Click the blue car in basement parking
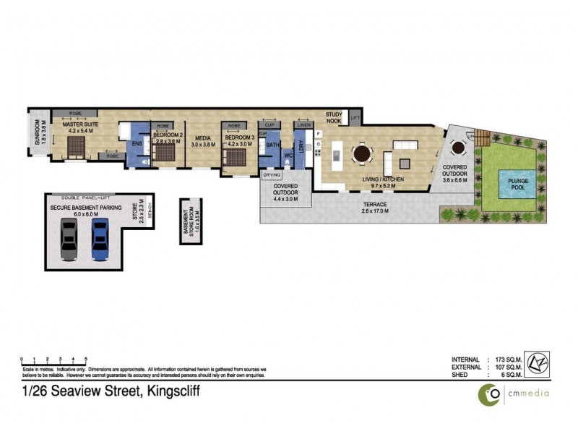[x=99, y=239]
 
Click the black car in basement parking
[x=69, y=239]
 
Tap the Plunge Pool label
[x=522, y=184]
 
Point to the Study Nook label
[x=334, y=117]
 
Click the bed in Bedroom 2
[x=169, y=153]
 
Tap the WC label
[x=288, y=155]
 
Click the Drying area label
[x=272, y=174]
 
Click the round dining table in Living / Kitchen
[x=361, y=153]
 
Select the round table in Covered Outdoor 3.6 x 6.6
[x=458, y=148]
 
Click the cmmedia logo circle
[x=489, y=393]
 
